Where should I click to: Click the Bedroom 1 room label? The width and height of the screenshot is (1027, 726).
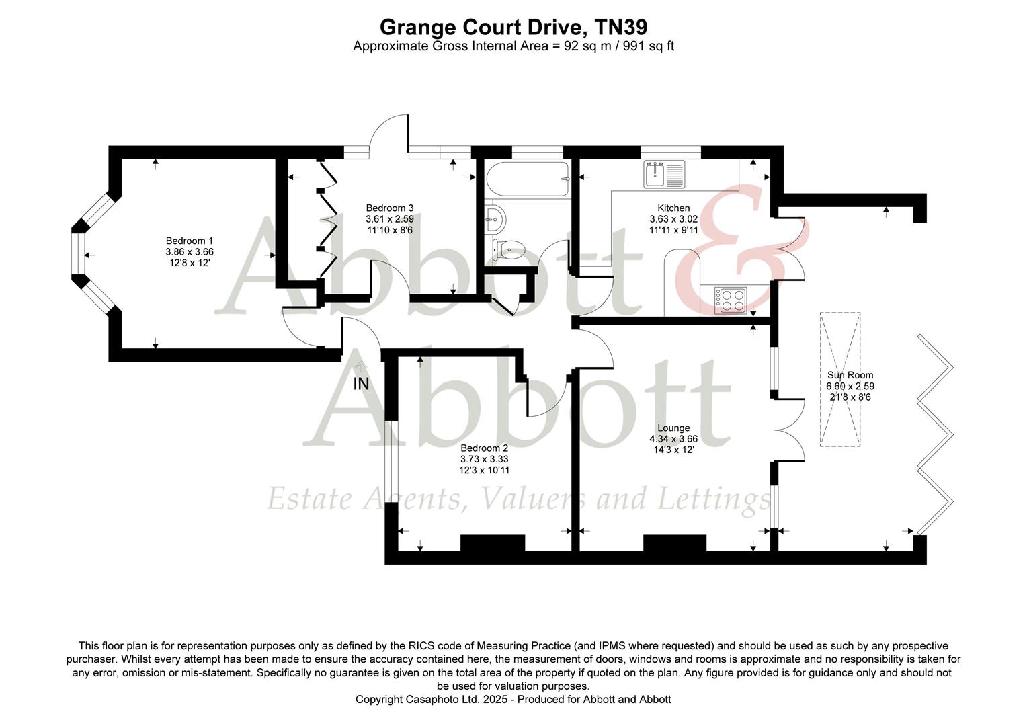click(190, 241)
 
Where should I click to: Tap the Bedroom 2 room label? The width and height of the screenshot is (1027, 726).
click(484, 448)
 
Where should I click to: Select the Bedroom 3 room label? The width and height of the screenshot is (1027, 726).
click(390, 208)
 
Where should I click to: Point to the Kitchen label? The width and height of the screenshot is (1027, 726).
click(673, 208)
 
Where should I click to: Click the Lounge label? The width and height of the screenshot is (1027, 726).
click(673, 428)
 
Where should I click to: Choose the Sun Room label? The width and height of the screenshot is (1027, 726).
click(850, 375)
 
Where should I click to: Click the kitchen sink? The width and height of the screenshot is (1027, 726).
click(664, 174)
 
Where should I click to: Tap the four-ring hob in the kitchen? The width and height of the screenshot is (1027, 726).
click(731, 300)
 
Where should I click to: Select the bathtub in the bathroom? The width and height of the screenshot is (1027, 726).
click(527, 179)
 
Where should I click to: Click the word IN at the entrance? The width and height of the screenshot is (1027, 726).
click(361, 384)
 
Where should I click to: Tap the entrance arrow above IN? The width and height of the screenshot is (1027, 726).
click(362, 367)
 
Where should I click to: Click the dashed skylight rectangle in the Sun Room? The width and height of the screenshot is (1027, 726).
click(840, 379)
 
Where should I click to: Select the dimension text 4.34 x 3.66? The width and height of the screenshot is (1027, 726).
click(673, 439)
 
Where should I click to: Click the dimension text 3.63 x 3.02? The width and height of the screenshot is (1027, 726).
click(673, 219)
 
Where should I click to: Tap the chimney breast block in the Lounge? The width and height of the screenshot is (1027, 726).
click(674, 543)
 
